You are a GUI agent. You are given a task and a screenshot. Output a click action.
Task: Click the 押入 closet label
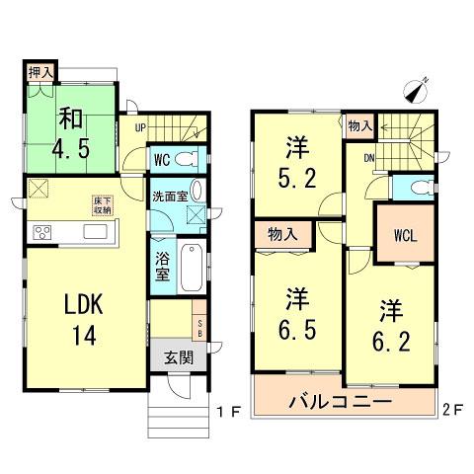click(39, 72)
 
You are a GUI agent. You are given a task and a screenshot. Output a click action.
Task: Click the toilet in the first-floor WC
click(192, 158)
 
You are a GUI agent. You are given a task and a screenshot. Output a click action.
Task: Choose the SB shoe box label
click(200, 329)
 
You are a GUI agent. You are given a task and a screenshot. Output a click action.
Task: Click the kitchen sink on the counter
click(97, 232)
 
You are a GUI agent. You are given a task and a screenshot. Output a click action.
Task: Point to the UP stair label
click(141, 127)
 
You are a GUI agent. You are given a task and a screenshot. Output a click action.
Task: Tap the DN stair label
click(368, 158)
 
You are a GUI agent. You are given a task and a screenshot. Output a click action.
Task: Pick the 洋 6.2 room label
click(386, 323)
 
